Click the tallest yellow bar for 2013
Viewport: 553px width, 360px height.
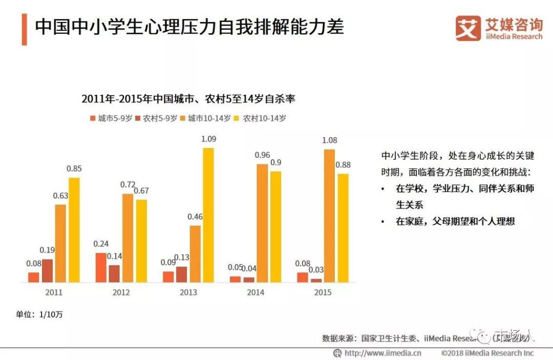(208, 215)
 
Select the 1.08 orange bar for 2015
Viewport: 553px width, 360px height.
(329, 216)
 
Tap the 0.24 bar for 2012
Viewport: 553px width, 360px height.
(101, 267)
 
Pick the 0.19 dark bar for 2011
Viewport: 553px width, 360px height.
(47, 270)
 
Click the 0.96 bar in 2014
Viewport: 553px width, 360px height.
(262, 223)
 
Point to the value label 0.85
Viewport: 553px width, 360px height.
(74, 168)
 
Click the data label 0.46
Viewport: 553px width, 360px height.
(195, 217)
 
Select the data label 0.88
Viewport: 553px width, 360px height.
(343, 164)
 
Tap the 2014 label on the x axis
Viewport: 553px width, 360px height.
(256, 292)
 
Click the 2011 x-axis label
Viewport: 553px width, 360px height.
(54, 292)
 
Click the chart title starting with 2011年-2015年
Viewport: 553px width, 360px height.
(188, 99)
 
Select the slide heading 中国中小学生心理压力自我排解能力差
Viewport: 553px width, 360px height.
(189, 27)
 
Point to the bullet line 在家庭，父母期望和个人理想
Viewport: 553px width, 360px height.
(455, 221)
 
